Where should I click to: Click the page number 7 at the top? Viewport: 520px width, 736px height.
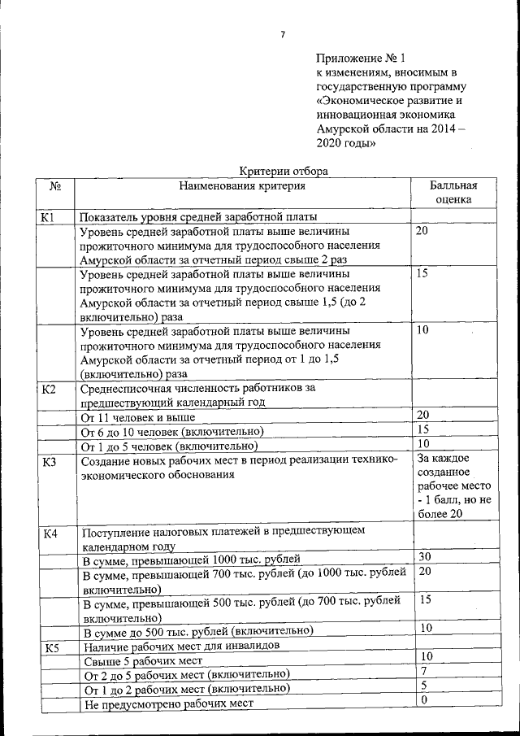coord(282,34)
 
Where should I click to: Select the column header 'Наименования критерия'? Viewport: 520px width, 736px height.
coord(243,186)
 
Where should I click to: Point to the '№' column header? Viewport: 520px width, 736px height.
coord(56,186)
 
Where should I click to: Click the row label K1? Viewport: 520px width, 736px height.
coord(48,217)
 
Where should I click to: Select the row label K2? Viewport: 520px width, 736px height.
coord(49,389)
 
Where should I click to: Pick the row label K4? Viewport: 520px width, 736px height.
coord(50,534)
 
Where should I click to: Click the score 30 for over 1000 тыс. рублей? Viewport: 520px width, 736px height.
coord(424,557)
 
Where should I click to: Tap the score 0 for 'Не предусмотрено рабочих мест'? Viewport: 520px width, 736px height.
coord(422,700)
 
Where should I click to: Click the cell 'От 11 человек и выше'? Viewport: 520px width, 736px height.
coord(137,418)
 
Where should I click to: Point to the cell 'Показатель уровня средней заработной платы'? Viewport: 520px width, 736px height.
coord(197,217)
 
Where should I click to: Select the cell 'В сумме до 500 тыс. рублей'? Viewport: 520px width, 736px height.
coord(197,632)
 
